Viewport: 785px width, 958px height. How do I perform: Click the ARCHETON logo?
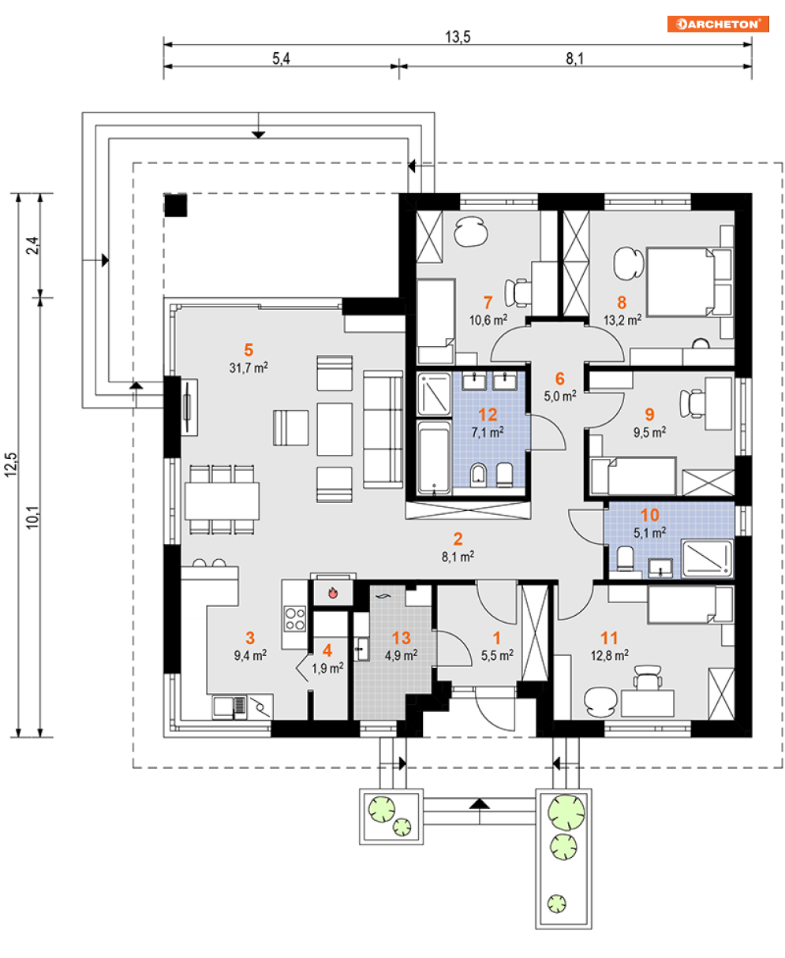tap(717, 24)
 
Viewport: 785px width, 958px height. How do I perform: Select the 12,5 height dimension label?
tap(10, 465)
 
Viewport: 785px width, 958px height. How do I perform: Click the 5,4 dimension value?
tap(281, 59)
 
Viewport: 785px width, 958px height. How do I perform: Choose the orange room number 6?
tap(560, 378)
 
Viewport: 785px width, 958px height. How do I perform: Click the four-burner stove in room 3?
tap(295, 617)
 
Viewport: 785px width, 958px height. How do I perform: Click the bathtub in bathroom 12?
tap(433, 458)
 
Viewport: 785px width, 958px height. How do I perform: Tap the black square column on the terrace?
tap(175, 205)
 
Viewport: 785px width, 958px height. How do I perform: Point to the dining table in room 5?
tap(222, 500)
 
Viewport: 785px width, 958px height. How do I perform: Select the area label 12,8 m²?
tap(610, 654)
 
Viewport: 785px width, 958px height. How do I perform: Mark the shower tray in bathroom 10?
tap(708, 558)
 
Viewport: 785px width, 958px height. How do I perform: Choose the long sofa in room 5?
tap(383, 430)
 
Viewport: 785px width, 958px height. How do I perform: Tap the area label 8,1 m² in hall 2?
tap(457, 557)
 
